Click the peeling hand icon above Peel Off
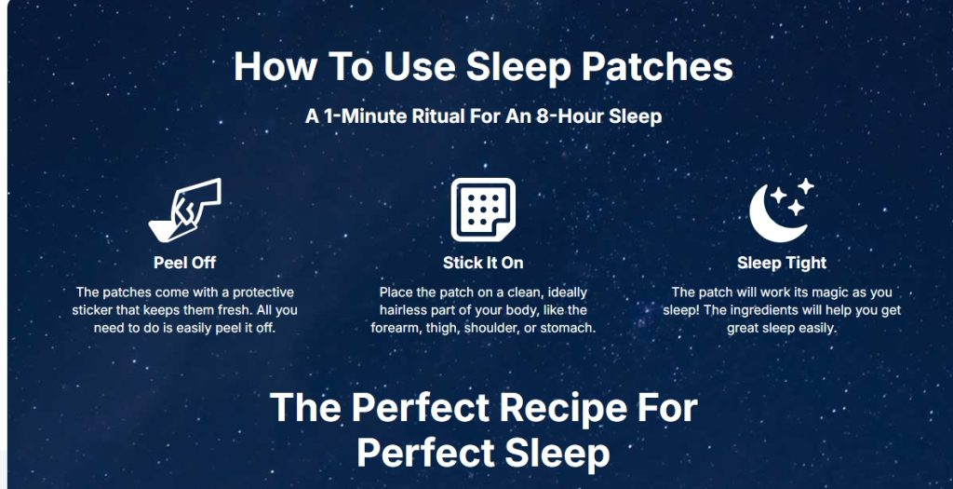click(185, 211)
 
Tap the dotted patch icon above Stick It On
click(483, 210)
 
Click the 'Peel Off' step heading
click(185, 263)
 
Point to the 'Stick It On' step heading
click(483, 263)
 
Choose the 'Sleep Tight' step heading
click(782, 263)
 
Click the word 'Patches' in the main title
click(658, 66)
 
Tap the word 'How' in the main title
click(275, 66)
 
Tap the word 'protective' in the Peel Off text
click(263, 292)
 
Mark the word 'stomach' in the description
click(572, 329)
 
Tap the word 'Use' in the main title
click(419, 66)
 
